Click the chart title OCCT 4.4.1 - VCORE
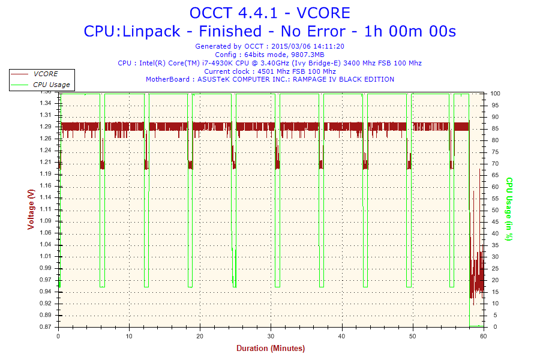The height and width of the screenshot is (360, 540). coord(269,13)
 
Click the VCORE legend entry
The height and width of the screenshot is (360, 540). coord(46,74)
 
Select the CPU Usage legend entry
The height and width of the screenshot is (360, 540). coord(51,85)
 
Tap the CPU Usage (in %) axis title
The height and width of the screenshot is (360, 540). coord(509,209)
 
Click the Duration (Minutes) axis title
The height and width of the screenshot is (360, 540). coord(270,349)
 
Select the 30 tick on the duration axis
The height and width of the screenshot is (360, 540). coord(271,337)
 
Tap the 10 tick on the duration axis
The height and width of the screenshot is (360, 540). coord(129,337)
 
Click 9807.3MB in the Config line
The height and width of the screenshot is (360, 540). coord(307,55)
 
